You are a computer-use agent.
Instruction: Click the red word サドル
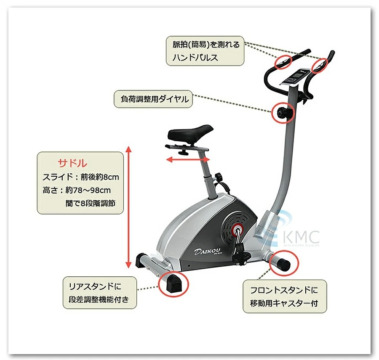72,163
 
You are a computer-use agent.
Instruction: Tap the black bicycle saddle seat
190,133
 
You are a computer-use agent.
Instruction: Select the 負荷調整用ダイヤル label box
152,100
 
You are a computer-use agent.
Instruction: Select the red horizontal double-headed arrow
187,159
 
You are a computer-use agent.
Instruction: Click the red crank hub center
237,230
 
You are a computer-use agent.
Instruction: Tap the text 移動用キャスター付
284,303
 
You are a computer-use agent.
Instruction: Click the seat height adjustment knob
219,177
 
